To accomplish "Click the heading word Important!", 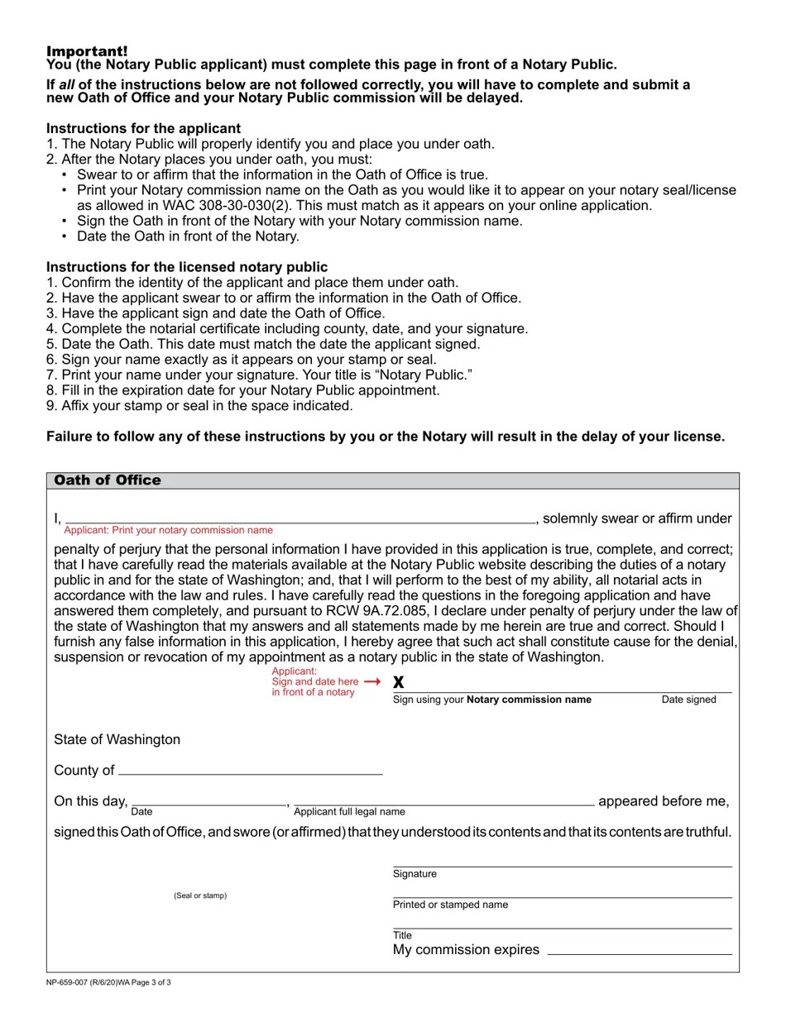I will pos(87,51).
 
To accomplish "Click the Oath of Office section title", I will pos(108,480).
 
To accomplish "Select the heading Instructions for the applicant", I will pos(143,128).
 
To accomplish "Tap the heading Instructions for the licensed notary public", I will pos(187,267).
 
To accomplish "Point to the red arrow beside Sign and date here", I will pos(372,681).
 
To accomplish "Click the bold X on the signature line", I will pos(399,682).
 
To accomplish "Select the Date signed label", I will pos(688,699).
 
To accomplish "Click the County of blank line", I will pos(250,770).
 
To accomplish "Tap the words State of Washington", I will pos(117,739).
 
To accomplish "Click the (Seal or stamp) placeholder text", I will pos(200,895).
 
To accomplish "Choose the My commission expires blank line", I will pos(640,950).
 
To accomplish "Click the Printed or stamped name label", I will pos(450,905).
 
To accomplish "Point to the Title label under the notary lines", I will pos(402,935).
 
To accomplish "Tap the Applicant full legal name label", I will pos(349,812).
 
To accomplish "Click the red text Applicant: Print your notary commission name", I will pos(168,530).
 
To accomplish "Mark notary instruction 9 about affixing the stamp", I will pos(199,406).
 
